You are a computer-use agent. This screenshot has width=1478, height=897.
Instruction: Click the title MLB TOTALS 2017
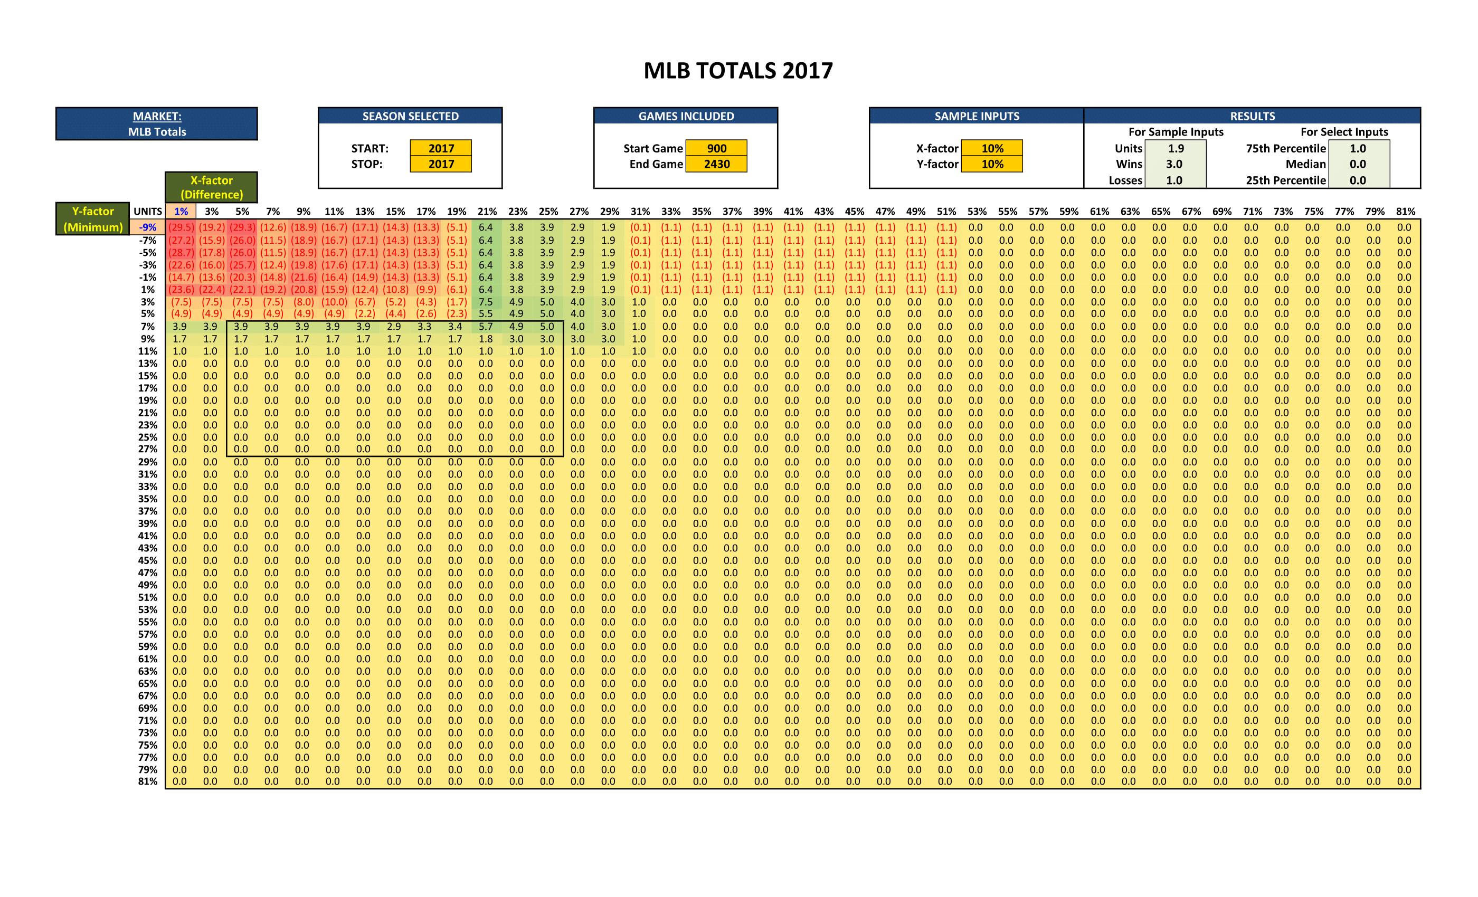point(738,71)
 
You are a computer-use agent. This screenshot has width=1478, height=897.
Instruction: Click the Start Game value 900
point(716,148)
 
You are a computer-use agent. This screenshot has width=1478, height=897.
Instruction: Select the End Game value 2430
point(716,164)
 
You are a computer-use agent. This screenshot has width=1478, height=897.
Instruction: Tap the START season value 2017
point(441,148)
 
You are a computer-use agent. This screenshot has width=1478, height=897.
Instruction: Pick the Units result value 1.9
point(1175,148)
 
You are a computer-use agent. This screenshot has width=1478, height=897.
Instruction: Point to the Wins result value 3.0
point(1174,164)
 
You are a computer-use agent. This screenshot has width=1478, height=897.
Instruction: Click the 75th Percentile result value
point(1358,148)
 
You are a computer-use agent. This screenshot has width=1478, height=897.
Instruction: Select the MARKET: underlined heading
point(157,116)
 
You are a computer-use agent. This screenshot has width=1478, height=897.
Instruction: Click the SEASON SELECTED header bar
point(410,116)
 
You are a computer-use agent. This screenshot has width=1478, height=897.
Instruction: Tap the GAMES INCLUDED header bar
point(686,116)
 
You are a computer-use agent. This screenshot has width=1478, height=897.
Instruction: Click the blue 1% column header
point(181,212)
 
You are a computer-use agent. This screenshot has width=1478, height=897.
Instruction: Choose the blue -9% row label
point(148,227)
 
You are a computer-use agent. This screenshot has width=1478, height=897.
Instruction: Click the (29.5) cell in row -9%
point(181,227)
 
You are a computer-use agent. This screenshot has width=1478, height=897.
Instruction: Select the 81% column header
point(1405,212)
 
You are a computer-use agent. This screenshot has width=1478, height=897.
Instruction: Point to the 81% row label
point(148,781)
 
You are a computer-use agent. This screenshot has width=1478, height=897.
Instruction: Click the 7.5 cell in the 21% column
point(485,302)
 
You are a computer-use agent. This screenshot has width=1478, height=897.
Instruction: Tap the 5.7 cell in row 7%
point(485,327)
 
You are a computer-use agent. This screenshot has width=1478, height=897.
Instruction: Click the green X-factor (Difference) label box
point(211,187)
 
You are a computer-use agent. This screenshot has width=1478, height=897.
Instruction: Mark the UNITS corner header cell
point(148,212)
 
